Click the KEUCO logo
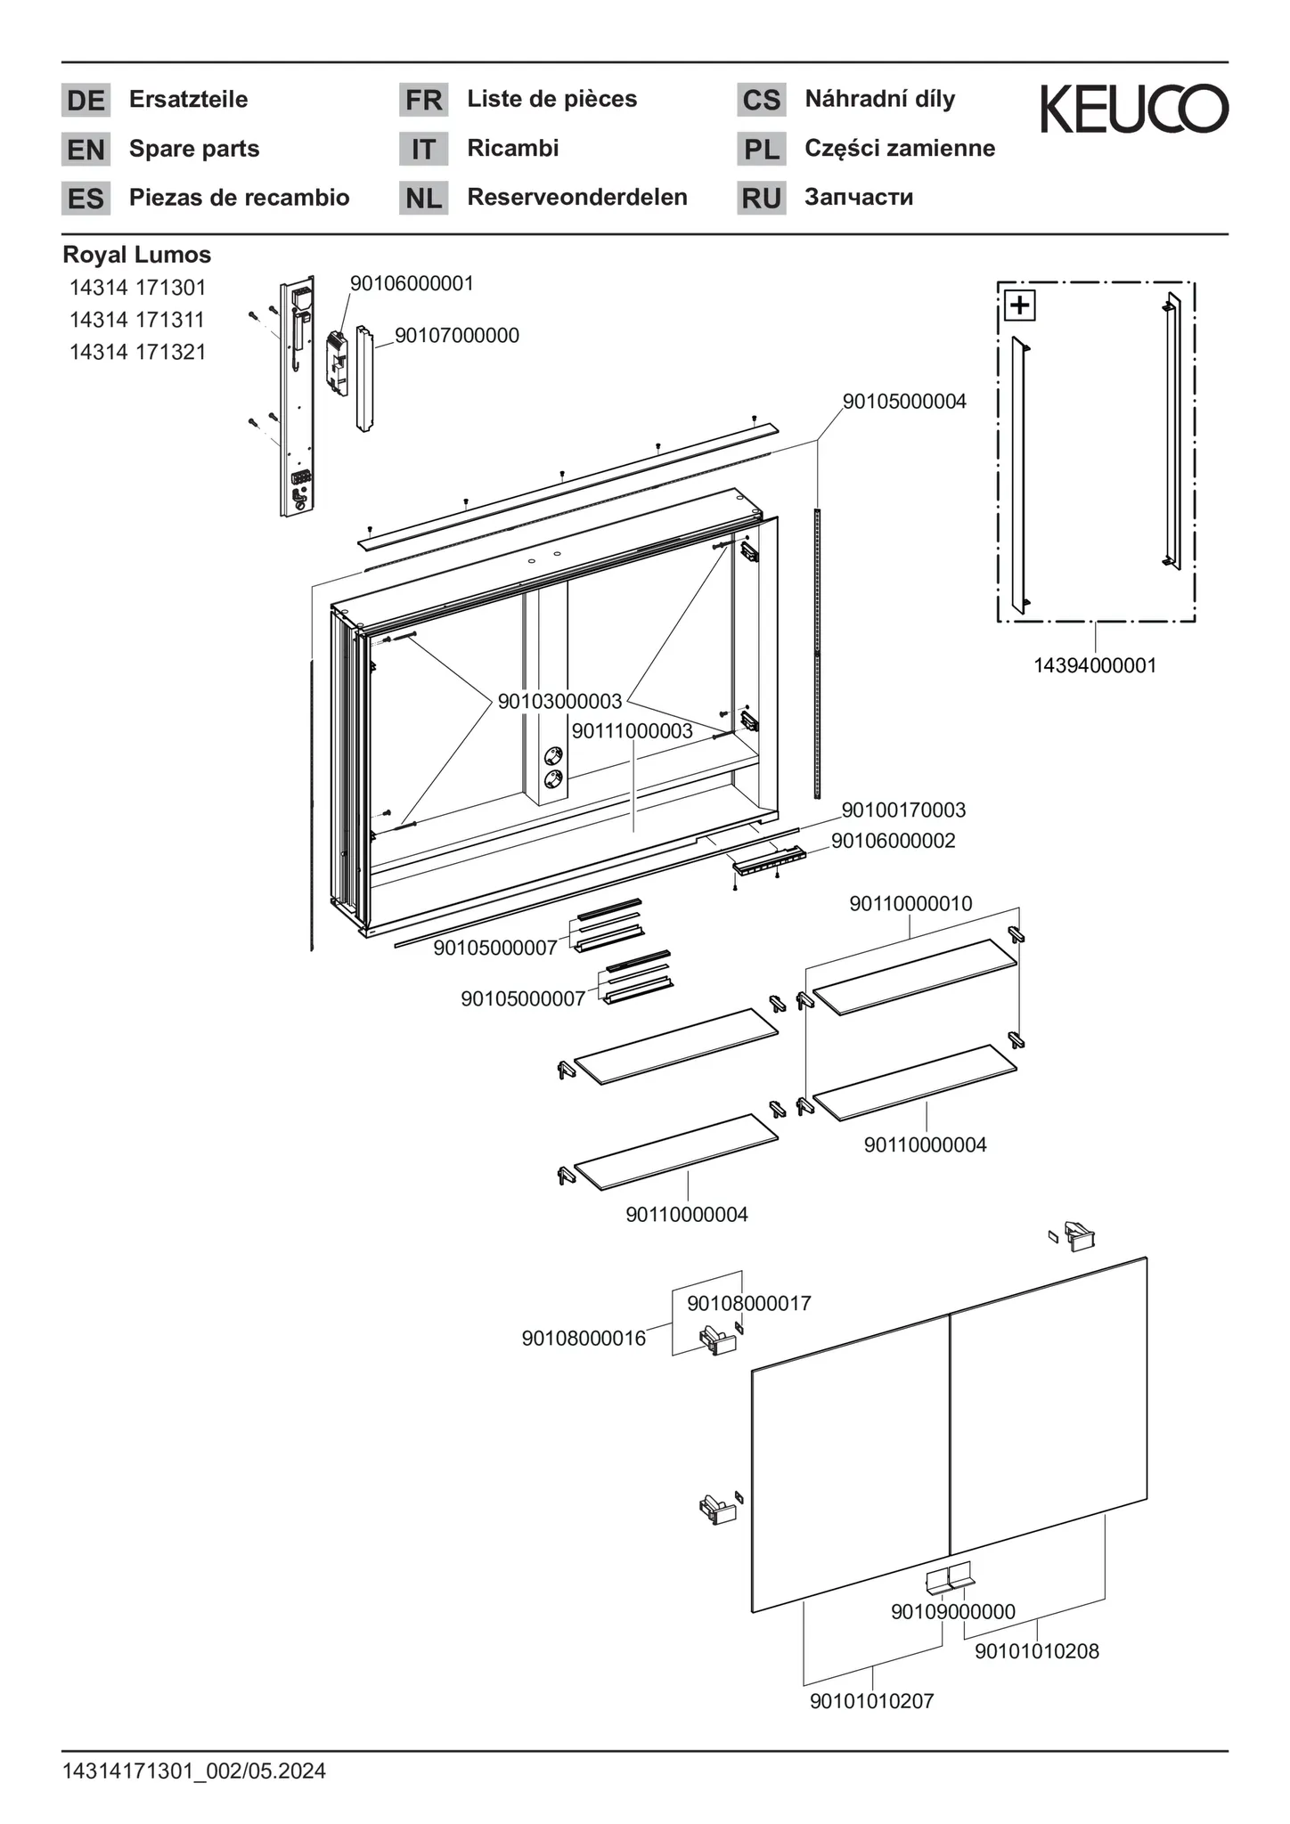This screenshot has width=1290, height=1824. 1134,109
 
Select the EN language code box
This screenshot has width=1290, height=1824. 86,150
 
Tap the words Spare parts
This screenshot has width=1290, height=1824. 194,149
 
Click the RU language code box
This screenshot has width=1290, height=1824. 761,198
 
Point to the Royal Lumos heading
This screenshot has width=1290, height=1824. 136,255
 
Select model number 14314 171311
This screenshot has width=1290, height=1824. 137,320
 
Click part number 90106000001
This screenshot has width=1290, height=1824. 412,284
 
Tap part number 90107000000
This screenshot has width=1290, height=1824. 456,336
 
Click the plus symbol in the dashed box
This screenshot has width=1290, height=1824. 1019,305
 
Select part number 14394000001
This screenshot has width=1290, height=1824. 1095,665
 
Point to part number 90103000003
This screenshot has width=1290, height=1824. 559,702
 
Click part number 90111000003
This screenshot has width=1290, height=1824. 632,731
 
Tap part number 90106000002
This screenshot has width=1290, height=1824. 893,841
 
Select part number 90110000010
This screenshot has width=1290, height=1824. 910,904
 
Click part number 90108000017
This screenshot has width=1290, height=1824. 748,1304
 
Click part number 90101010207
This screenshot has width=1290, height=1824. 871,1701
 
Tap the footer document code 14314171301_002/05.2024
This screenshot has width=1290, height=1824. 194,1771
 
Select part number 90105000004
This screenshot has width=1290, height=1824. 904,402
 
